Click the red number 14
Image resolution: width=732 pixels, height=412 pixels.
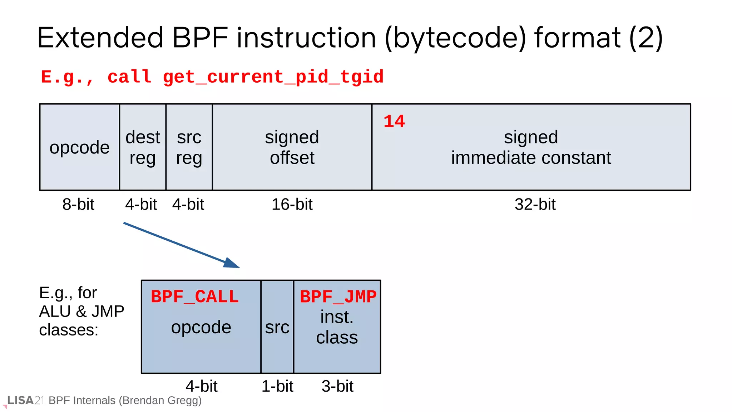pos(394,122)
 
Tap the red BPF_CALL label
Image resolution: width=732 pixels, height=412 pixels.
pos(195,297)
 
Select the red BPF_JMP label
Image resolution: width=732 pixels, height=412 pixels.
pos(338,297)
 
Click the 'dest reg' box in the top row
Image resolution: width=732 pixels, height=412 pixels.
pos(143,147)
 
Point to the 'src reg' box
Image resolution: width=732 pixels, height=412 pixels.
pos(189,147)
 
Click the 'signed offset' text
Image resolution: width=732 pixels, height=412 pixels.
pos(292,147)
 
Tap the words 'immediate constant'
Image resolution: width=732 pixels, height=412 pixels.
pos(531,158)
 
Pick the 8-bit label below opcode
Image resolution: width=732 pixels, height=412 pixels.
pos(78,205)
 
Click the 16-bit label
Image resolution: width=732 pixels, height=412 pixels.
pos(292,205)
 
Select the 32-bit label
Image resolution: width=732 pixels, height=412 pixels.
pos(535,205)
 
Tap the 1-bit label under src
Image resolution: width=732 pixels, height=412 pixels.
pos(277,386)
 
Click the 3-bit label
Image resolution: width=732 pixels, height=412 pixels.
pos(337,386)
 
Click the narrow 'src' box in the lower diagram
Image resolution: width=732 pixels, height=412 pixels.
pos(277,327)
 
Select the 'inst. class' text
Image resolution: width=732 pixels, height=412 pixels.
pos(337,327)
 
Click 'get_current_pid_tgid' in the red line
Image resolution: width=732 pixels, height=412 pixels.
pos(273,77)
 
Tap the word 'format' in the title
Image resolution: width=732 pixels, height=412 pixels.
pos(577,38)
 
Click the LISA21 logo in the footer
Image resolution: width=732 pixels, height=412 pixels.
pos(25,401)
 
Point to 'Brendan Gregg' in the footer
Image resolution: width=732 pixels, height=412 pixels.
pos(160,401)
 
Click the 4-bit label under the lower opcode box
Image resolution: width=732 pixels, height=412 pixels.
pos(202,386)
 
